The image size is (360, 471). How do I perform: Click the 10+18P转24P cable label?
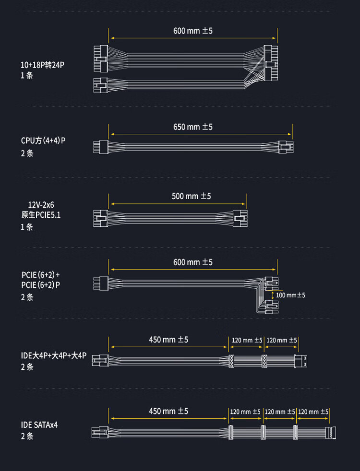click(42, 64)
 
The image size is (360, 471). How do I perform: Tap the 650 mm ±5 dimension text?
click(193, 127)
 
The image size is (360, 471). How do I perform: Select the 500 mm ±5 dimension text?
click(192, 196)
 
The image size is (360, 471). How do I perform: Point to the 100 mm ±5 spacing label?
click(290, 295)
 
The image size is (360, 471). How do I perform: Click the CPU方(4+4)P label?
click(43, 141)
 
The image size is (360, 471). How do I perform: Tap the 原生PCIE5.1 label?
click(41, 215)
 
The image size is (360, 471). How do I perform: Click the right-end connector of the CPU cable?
click(287, 146)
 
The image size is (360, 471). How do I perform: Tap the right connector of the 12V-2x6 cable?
click(240, 218)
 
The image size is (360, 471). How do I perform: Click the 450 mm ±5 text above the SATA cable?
click(168, 412)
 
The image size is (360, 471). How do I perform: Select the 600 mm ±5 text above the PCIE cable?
click(193, 262)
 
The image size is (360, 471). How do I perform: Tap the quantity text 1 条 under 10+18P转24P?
click(27, 75)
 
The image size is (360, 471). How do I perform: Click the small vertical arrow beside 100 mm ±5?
click(273, 295)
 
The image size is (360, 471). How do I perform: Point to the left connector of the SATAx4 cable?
click(98, 432)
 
